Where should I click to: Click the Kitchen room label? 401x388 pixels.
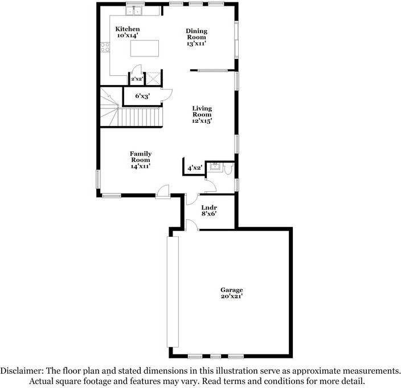click(x=128, y=29)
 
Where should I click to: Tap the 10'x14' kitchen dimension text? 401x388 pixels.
click(x=128, y=36)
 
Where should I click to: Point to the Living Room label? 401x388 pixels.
click(x=202, y=111)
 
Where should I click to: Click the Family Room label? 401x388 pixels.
click(x=140, y=157)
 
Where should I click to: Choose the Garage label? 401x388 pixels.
click(x=232, y=290)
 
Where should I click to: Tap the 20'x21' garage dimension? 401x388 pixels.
click(x=232, y=297)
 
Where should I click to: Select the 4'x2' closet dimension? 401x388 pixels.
click(x=195, y=168)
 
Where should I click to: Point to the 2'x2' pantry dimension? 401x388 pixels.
click(x=137, y=79)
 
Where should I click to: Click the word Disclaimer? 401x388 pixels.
click(x=22, y=370)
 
